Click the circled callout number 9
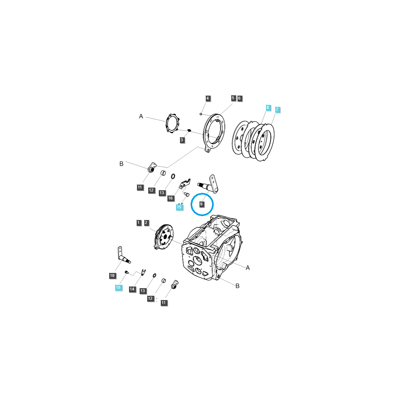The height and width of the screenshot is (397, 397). pos(201,204)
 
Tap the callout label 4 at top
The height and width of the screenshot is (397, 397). pos(208,98)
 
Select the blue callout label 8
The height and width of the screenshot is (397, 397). pos(268,107)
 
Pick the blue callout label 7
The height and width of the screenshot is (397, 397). pos(277,110)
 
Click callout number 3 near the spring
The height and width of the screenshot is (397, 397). pos(182,140)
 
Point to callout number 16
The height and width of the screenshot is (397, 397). pos(170,198)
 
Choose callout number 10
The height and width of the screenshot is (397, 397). pos(112,276)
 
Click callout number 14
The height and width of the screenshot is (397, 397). pos(132,289)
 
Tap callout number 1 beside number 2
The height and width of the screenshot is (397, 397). pos(139,223)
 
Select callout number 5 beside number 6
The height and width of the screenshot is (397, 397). pos(233,98)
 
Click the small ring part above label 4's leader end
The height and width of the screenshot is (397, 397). pos(201,114)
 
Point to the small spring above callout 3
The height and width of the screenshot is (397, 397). pos(189,130)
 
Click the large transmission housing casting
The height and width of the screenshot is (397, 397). pos(212,248)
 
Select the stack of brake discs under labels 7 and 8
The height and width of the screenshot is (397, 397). pos(253,141)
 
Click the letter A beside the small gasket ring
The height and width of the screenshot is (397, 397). pos(141,116)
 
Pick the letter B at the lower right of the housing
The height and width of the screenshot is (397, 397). pos(237,286)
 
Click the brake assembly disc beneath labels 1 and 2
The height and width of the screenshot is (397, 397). pos(164,237)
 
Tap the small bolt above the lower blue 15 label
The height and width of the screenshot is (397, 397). pos(126,272)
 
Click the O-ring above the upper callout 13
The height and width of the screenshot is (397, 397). pos(173,176)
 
